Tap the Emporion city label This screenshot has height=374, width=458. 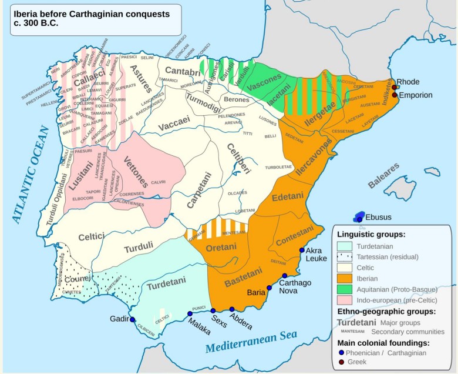click(x=416, y=95)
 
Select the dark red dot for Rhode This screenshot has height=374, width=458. click(x=395, y=88)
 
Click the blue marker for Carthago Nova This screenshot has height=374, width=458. click(x=284, y=276)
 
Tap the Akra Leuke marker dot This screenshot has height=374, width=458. click(x=302, y=250)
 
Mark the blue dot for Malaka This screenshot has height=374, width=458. click(x=190, y=313)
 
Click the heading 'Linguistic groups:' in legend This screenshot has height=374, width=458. click(x=371, y=234)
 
